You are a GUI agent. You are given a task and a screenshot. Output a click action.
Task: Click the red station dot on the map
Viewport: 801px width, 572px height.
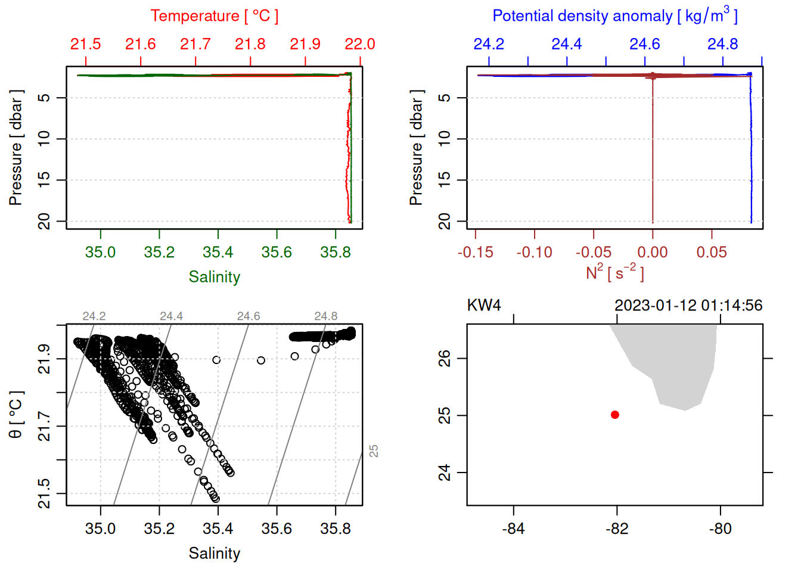click(x=615, y=415)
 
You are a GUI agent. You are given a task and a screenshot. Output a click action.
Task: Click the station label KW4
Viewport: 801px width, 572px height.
click(x=483, y=306)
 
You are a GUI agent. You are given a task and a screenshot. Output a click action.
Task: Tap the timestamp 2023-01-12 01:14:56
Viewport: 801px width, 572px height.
click(x=688, y=306)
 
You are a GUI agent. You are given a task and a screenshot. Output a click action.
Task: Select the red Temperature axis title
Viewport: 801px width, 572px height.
click(x=214, y=16)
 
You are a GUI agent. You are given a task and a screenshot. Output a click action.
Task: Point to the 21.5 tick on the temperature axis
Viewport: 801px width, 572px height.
click(x=86, y=44)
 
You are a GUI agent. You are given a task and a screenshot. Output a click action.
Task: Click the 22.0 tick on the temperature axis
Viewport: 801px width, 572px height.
click(x=360, y=44)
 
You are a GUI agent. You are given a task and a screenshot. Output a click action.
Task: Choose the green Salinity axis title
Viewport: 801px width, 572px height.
click(x=214, y=277)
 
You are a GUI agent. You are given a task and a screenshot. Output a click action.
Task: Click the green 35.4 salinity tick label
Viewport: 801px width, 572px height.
click(x=218, y=252)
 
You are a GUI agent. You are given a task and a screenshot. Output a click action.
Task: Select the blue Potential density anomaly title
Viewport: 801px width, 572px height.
click(x=614, y=16)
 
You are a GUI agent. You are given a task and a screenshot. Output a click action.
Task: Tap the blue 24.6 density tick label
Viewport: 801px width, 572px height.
click(x=644, y=44)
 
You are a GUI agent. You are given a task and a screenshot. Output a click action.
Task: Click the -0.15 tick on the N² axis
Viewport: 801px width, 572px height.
click(x=476, y=252)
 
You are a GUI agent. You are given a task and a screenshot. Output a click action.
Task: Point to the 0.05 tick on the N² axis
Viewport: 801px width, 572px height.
click(x=712, y=252)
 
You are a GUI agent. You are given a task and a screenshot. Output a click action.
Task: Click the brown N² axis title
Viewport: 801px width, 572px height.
click(x=614, y=273)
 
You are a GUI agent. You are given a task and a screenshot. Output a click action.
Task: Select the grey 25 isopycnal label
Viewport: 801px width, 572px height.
click(x=374, y=451)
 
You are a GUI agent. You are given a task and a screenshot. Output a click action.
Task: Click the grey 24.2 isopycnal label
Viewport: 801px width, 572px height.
click(x=94, y=316)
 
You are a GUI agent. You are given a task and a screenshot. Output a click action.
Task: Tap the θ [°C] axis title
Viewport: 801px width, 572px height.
click(x=16, y=415)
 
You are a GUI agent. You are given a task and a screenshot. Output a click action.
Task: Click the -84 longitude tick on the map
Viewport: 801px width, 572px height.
click(x=513, y=529)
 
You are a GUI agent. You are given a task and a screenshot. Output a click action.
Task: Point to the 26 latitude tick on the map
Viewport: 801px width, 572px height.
click(x=445, y=358)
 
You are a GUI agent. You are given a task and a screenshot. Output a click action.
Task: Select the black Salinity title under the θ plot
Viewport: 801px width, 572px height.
click(x=214, y=554)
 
